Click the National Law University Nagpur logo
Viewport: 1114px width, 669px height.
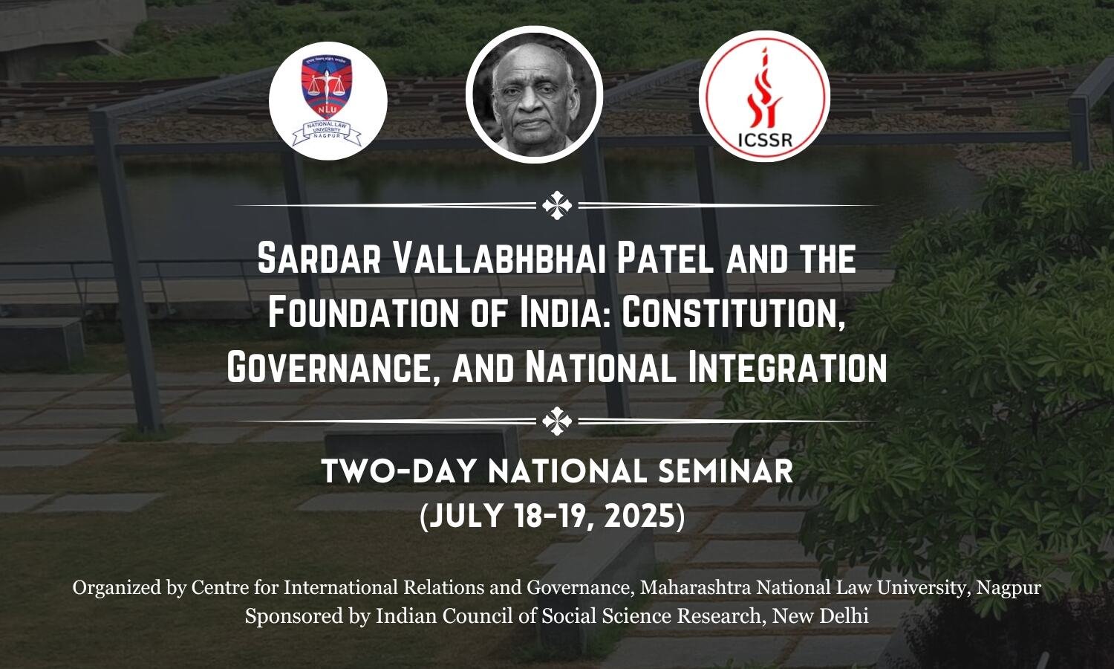click(328, 100)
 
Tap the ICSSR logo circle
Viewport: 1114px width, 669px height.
click(764, 96)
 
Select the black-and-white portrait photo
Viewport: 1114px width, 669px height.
click(534, 94)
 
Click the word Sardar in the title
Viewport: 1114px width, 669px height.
click(319, 259)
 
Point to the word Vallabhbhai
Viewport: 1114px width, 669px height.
click(500, 259)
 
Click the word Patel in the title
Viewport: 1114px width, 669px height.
click(666, 259)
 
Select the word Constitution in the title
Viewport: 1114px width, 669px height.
click(733, 314)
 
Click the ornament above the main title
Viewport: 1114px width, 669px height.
click(557, 205)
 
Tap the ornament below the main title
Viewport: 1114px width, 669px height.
click(557, 421)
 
